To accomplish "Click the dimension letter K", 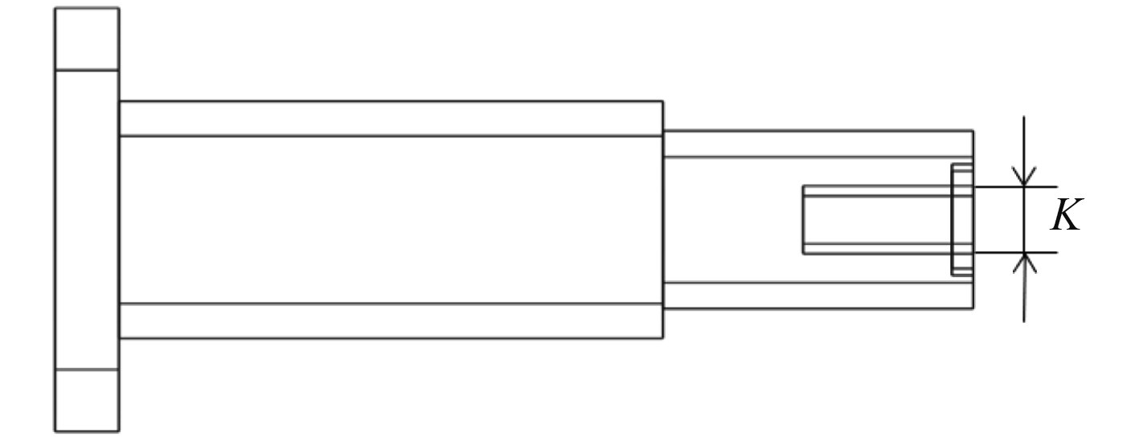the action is (x=1067, y=217).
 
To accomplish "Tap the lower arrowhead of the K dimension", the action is (x=1024, y=261).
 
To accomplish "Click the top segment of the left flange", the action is (x=87, y=39).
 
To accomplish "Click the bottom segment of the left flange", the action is (x=87, y=401).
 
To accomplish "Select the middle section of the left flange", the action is (x=87, y=219).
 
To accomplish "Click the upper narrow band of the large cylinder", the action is (x=391, y=119).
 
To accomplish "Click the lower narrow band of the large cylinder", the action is (x=391, y=320).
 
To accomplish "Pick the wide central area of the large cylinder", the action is (x=391, y=219).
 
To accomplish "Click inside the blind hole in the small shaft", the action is (x=876, y=219).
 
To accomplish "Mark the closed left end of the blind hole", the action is (x=803, y=219).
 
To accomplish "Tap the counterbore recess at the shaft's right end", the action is (x=962, y=219).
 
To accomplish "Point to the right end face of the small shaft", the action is (x=973, y=145).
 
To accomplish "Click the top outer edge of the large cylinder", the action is (x=391, y=101).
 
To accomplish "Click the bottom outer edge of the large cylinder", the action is (x=391, y=338).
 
